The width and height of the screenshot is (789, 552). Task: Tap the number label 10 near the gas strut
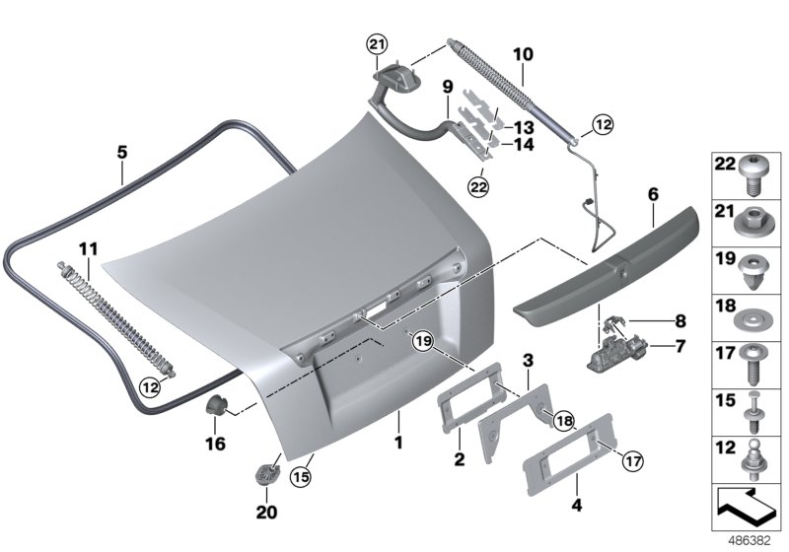coord(523,53)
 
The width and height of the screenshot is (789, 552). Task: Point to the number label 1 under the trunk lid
coord(398,443)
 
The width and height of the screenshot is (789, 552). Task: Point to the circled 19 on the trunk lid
coord(423,341)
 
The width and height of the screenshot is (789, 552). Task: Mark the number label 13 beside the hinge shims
coord(522,127)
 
